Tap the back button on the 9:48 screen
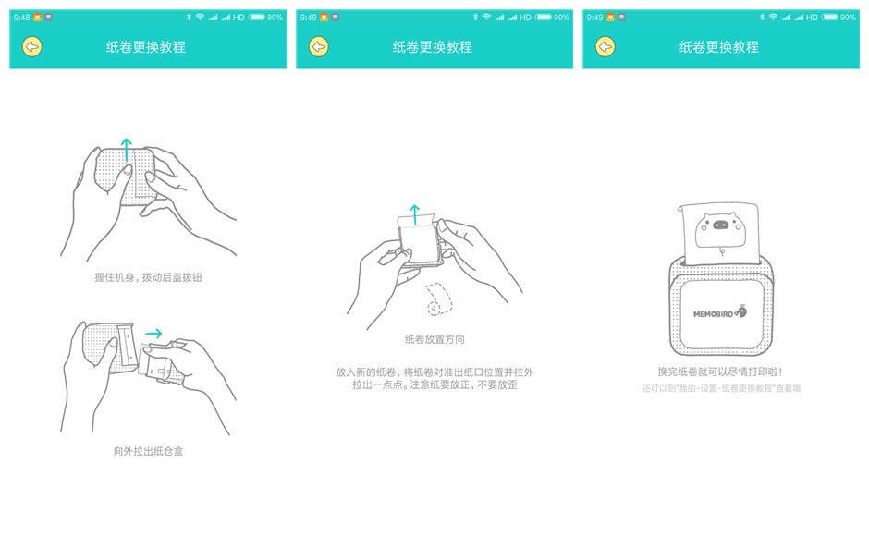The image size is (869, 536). coord(32,47)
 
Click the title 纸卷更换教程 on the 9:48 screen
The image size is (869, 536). coord(146,47)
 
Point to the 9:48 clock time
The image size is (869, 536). coord(21,17)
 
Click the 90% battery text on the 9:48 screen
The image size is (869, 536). coord(275,17)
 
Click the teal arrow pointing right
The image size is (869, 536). coord(153,334)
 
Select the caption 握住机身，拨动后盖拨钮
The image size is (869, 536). coord(148,277)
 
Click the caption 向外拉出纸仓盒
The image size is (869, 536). coord(148,451)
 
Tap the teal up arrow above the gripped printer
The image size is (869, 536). coord(127,150)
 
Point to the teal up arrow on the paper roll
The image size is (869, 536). coord(415,215)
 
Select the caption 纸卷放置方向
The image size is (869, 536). coord(434,339)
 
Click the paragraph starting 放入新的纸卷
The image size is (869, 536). coord(434,378)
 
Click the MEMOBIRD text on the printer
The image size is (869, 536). coord(714,314)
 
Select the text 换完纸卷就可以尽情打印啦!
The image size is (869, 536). coord(720,372)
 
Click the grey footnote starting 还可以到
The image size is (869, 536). coord(721,389)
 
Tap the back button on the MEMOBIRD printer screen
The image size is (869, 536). coord(606,47)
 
